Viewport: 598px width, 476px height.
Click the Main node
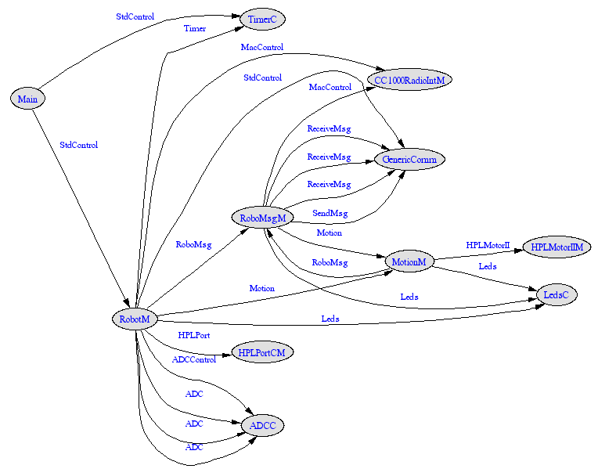[x=27, y=99]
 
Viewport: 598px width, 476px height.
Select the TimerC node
[x=261, y=19]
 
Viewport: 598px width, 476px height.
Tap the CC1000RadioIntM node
[x=409, y=80]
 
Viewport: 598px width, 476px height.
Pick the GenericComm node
[x=409, y=160]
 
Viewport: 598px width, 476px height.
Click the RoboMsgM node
[x=262, y=218]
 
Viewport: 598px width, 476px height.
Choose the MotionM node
[x=409, y=261]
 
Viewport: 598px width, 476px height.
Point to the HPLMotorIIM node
[x=557, y=247]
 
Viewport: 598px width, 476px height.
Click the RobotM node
[x=135, y=319]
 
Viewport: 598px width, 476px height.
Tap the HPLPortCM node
[x=261, y=353]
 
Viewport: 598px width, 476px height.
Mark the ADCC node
[x=262, y=426]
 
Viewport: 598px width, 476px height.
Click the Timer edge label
[x=195, y=29]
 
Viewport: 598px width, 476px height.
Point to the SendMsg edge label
[x=330, y=214]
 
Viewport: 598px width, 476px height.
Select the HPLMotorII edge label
[x=488, y=246]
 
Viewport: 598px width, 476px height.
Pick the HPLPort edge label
[x=193, y=335]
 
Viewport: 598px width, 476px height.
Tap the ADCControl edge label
[x=193, y=360]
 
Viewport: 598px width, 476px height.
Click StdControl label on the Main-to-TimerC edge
[x=135, y=16]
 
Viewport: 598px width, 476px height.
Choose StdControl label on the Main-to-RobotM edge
[x=78, y=145]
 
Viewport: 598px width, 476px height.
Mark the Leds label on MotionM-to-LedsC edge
[x=487, y=267]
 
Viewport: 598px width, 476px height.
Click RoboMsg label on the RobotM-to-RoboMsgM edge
[x=193, y=245]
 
